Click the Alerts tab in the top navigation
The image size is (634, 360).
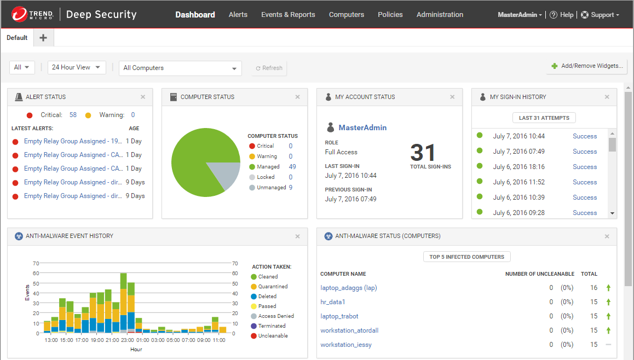[238, 15]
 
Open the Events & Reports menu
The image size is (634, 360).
[288, 15]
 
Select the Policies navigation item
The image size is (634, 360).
[390, 15]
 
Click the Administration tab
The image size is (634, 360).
[440, 15]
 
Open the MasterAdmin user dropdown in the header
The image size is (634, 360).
[520, 15]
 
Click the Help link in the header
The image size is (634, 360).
[562, 15]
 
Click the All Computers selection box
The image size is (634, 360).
[180, 68]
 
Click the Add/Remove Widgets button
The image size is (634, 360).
[587, 66]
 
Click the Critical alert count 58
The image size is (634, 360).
[73, 115]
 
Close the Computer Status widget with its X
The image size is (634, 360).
[298, 97]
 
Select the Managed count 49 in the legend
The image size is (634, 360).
[292, 167]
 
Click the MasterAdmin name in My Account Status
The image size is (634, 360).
[362, 127]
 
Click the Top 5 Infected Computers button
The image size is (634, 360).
[467, 257]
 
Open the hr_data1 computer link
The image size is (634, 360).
[333, 302]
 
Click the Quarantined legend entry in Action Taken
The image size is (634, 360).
[273, 287]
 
